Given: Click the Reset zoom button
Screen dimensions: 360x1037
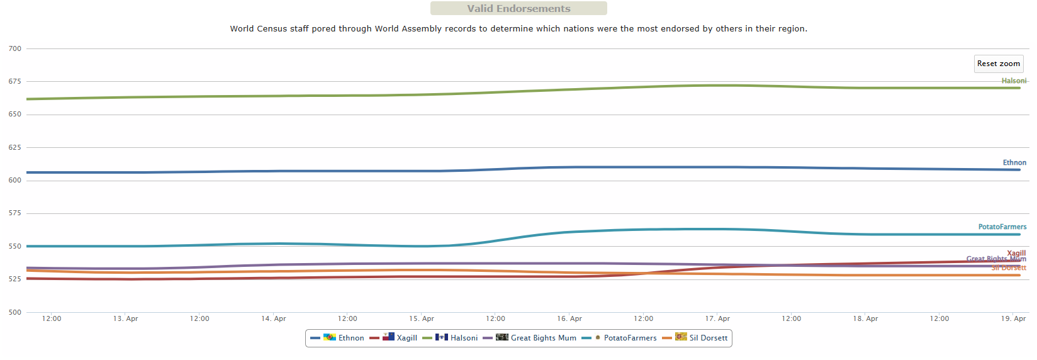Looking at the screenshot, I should (x=998, y=64).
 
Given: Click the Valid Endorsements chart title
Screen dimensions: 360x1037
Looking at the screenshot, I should (x=518, y=9).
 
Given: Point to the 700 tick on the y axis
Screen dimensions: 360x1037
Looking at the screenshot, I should (x=15, y=48).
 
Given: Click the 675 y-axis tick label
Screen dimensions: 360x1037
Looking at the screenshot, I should (x=15, y=81).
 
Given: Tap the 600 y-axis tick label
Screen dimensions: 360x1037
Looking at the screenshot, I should (x=15, y=180).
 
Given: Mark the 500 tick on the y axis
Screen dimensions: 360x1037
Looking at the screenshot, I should (x=15, y=312).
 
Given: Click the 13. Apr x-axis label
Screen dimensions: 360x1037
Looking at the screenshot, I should (x=125, y=318).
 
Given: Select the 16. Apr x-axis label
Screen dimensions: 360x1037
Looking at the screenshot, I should (x=569, y=318).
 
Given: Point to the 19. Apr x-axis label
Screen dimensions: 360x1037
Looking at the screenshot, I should (x=1013, y=318).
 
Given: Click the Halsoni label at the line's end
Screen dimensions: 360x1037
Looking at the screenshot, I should (x=1014, y=81).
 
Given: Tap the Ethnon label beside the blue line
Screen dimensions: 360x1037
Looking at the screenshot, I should (x=1014, y=162).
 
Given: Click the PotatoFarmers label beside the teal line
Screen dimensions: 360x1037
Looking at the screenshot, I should (x=1002, y=227).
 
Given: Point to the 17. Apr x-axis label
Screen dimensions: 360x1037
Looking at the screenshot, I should (x=717, y=318).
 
